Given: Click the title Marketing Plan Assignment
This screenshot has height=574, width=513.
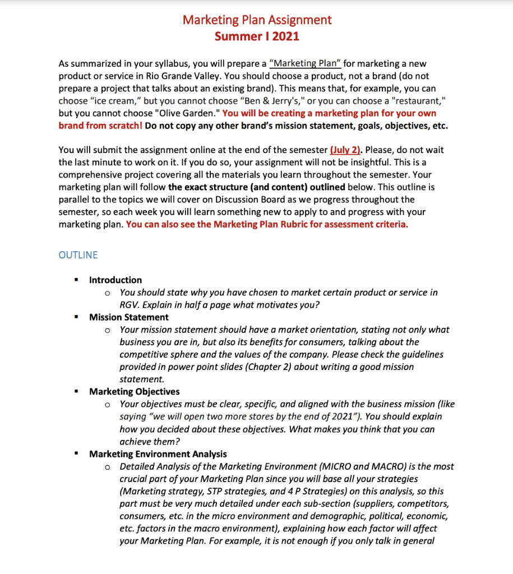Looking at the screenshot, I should [257, 20].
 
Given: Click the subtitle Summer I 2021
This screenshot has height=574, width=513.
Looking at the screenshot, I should [257, 36].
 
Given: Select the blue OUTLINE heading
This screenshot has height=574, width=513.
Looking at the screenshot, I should [78, 255].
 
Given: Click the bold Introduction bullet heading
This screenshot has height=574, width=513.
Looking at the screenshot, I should [115, 280].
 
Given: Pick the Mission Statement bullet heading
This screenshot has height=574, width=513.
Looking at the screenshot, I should [129, 317].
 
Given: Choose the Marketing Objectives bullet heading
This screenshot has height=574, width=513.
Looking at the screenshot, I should [135, 392].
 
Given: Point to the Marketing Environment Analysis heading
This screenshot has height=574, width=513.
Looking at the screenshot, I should [158, 454].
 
